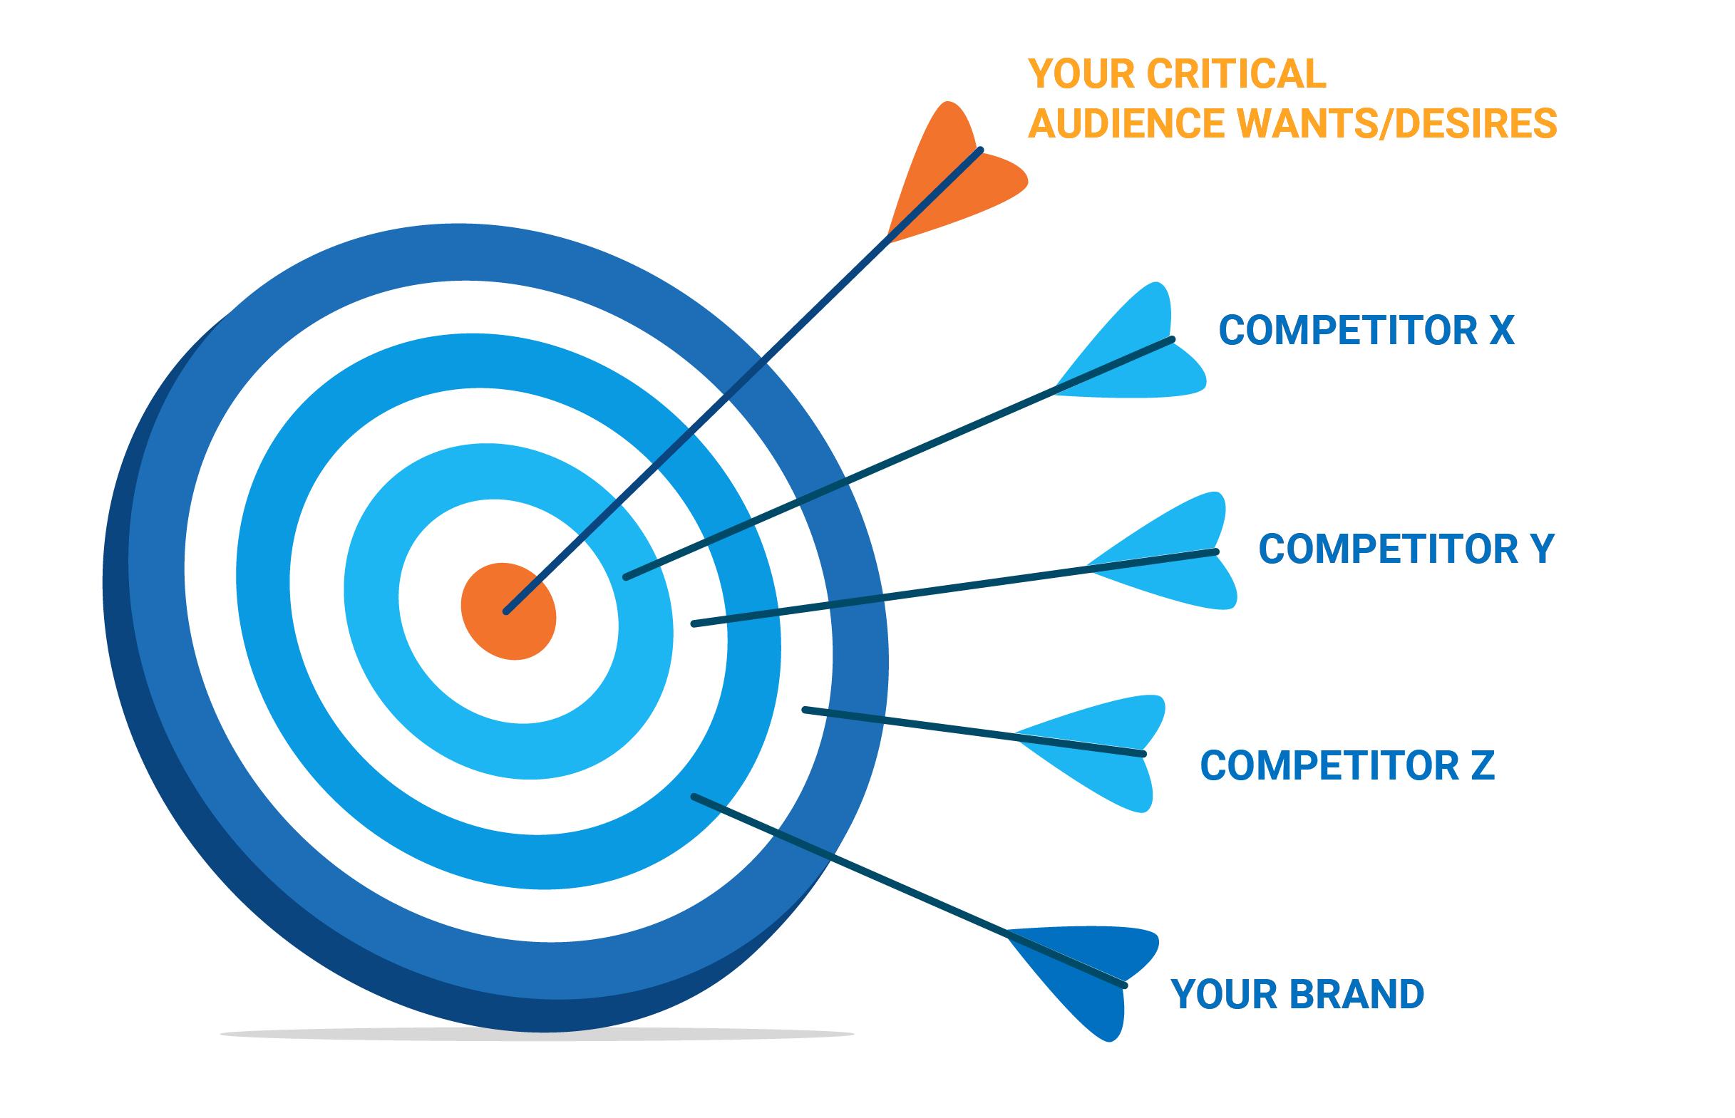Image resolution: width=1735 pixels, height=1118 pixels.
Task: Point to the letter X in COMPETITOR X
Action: pyautogui.click(x=1501, y=331)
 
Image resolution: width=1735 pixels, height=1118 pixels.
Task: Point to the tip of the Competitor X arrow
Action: pyautogui.click(x=627, y=577)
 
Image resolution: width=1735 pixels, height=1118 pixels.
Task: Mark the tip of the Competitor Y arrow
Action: pyautogui.click(x=694, y=623)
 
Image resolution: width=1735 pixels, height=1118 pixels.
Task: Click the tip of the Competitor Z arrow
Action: pyautogui.click(x=805, y=710)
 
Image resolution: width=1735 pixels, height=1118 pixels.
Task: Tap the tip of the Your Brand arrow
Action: pyautogui.click(x=694, y=797)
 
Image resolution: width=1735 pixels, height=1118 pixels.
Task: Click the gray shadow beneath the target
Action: pyautogui.click(x=537, y=1034)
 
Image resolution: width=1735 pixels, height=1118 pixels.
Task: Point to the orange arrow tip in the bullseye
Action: pyautogui.click(x=506, y=612)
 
